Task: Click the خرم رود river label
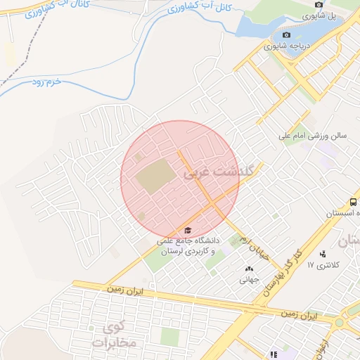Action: [x=47, y=82]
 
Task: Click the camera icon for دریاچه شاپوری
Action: [x=286, y=35]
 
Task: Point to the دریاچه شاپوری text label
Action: [x=285, y=46]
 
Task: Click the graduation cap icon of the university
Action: [x=188, y=230]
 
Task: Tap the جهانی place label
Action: [x=249, y=280]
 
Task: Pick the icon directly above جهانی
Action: [x=249, y=269]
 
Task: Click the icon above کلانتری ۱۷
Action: [x=323, y=253]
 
